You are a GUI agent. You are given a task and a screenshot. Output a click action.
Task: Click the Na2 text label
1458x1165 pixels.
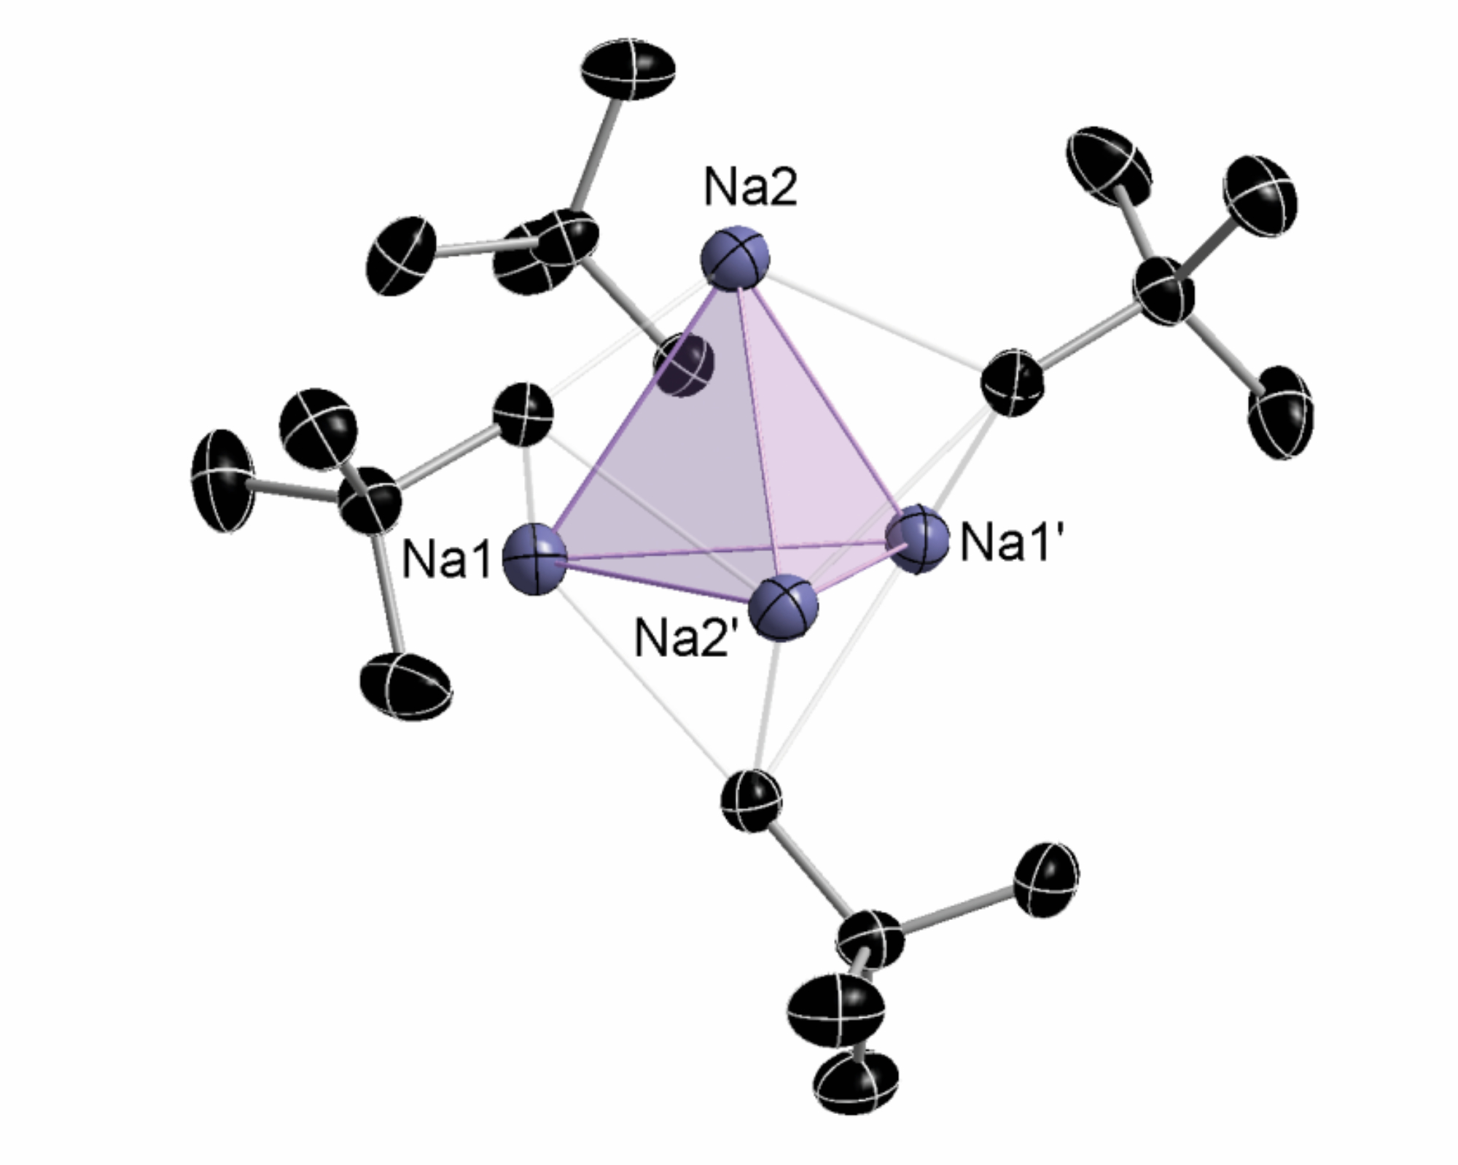coord(750,187)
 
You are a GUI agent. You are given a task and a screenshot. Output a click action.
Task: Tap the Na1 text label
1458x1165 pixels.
coord(446,560)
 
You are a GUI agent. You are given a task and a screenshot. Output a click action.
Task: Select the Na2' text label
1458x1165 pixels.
coord(682,638)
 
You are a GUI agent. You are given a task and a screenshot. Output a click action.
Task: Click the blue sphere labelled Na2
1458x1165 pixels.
coord(735,258)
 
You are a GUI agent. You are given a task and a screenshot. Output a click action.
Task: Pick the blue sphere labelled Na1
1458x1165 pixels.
coord(535,559)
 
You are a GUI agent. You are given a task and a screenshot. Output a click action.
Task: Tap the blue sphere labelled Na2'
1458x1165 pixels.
coord(783,607)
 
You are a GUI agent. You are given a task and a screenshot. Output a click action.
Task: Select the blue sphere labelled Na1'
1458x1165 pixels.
coord(917,538)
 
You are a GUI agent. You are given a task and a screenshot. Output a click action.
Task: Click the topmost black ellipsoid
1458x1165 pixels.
coord(628,69)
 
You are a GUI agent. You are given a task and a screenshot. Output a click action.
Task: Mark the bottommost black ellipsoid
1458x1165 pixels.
coord(856,1082)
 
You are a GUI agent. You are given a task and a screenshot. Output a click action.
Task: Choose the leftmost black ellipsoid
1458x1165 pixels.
coord(222,480)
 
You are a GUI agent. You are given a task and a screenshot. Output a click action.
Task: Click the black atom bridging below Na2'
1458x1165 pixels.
coord(752,800)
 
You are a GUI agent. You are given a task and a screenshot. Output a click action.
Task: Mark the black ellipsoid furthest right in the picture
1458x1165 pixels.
coord(1281,412)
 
